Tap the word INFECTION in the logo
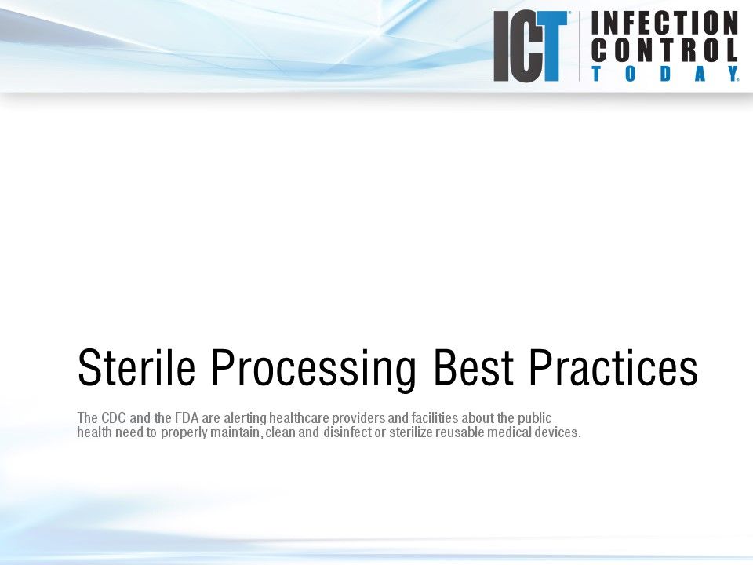coord(664,23)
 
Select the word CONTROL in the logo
coord(664,51)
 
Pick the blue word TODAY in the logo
coord(664,75)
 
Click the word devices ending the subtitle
coord(558,433)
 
